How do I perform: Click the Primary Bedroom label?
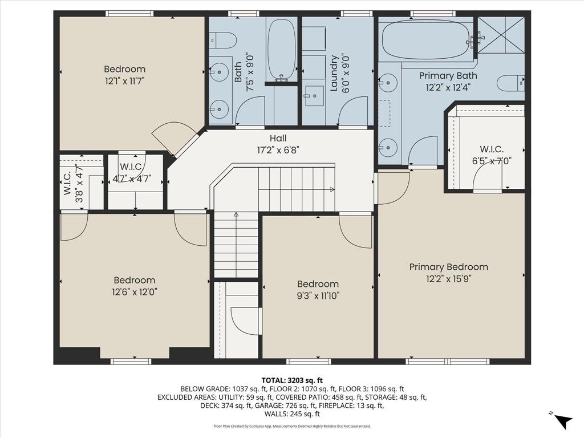[449, 267]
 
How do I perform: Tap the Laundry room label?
[334, 72]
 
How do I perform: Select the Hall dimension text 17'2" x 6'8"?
[278, 150]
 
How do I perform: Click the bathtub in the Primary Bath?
[425, 40]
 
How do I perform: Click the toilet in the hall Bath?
[224, 40]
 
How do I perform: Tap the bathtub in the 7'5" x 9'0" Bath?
[282, 48]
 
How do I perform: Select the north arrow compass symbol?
[563, 420]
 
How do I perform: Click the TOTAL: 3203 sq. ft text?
[292, 380]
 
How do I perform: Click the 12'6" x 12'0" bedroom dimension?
[135, 291]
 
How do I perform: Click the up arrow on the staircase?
[236, 214]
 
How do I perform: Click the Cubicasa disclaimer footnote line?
[292, 426]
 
